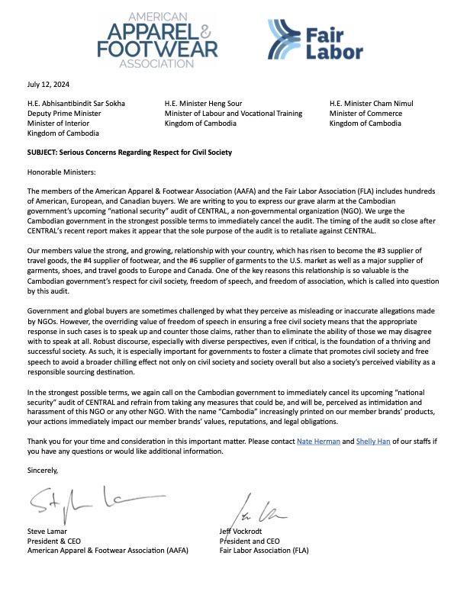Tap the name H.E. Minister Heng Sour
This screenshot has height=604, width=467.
tap(204, 103)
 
